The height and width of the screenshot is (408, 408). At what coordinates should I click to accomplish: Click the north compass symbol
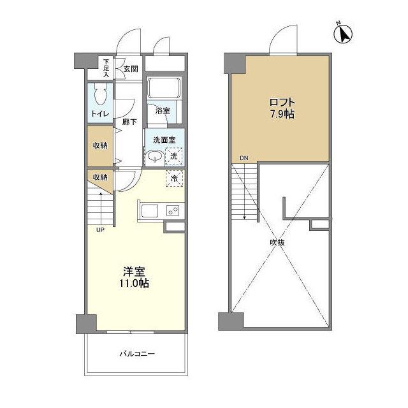(343, 33)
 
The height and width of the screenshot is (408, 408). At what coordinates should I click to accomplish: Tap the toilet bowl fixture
(101, 95)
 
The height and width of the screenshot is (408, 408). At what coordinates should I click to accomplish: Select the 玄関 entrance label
(131, 69)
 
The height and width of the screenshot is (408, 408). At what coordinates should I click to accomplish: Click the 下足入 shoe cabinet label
(106, 68)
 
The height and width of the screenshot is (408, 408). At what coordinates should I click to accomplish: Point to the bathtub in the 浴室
(164, 87)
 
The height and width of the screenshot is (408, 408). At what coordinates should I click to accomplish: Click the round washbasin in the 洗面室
(155, 157)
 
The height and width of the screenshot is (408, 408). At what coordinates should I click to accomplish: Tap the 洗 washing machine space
(173, 156)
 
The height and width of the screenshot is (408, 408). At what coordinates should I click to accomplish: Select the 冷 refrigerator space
(174, 178)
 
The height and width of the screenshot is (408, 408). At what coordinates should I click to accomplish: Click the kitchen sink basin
(149, 210)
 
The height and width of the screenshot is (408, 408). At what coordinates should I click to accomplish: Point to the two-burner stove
(173, 210)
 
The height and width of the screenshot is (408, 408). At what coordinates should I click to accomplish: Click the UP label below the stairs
(100, 230)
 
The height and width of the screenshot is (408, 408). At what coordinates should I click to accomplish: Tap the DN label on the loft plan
(244, 158)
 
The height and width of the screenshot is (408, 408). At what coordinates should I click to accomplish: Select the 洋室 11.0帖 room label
(135, 277)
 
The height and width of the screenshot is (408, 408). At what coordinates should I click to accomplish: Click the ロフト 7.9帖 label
(282, 108)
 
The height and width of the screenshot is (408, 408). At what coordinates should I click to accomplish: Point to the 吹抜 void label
(277, 242)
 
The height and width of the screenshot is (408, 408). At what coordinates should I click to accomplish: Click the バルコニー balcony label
(137, 354)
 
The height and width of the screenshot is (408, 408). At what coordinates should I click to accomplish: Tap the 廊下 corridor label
(129, 122)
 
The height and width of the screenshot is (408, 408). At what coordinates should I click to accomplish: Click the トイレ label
(100, 113)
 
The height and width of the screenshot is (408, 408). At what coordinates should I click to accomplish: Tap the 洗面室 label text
(164, 140)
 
